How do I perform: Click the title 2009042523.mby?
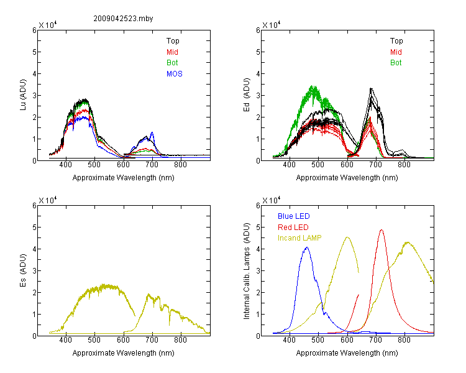(123, 19)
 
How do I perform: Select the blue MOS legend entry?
(174, 74)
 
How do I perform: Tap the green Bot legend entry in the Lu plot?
(172, 62)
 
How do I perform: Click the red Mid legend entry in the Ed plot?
(396, 52)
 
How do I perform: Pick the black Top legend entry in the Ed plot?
(396, 41)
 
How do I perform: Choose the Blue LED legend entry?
(294, 216)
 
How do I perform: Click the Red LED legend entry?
(293, 228)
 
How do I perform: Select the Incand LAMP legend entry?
(299, 238)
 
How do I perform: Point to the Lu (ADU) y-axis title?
(23, 94)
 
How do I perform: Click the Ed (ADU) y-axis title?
(247, 94)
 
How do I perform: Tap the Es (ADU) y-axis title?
(23, 270)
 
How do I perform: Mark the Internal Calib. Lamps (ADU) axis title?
(247, 271)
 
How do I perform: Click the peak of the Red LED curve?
(381, 230)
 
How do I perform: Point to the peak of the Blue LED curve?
(307, 247)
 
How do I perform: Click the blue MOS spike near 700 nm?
(152, 132)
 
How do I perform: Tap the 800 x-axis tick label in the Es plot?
(180, 340)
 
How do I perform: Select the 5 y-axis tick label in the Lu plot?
(34, 52)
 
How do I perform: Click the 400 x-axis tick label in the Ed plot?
(289, 165)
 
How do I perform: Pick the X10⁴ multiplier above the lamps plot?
(272, 200)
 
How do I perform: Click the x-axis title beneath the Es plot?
(124, 353)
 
